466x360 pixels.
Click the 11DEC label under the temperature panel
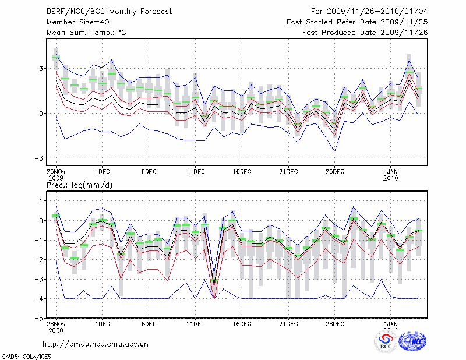point(195,171)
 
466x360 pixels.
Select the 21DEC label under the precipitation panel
point(288,324)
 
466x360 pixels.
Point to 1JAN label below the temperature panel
point(391,171)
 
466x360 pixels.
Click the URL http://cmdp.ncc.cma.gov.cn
point(96,344)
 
